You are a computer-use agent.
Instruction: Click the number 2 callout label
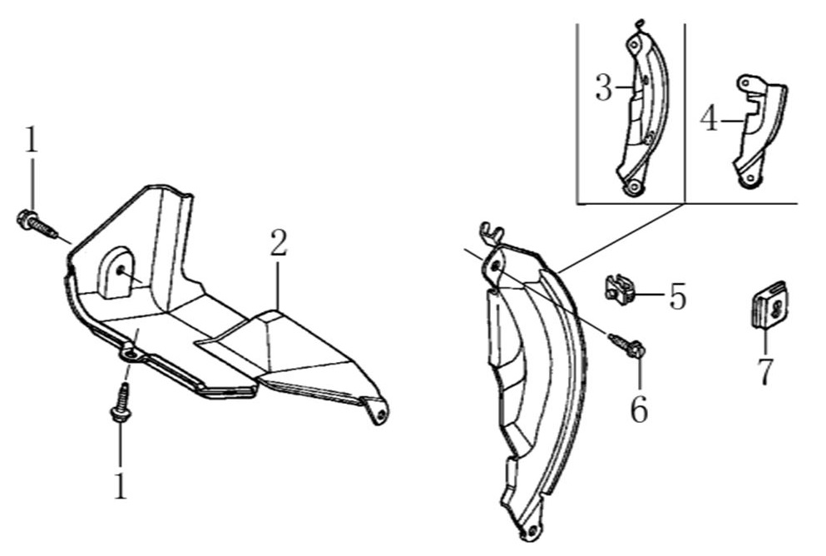click(279, 244)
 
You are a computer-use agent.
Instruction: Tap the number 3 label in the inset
click(604, 88)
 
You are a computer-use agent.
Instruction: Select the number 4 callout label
click(710, 119)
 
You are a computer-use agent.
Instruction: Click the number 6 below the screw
click(640, 410)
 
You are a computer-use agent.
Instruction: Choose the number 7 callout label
click(764, 371)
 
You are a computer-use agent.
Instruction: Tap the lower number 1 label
click(121, 485)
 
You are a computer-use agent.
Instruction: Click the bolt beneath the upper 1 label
click(37, 223)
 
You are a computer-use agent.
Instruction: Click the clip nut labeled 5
click(618, 290)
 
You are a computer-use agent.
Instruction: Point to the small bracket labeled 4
click(758, 132)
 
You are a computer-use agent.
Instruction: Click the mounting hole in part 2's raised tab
click(121, 271)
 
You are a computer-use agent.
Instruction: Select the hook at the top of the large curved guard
click(492, 231)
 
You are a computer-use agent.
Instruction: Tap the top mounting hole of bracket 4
click(744, 83)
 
